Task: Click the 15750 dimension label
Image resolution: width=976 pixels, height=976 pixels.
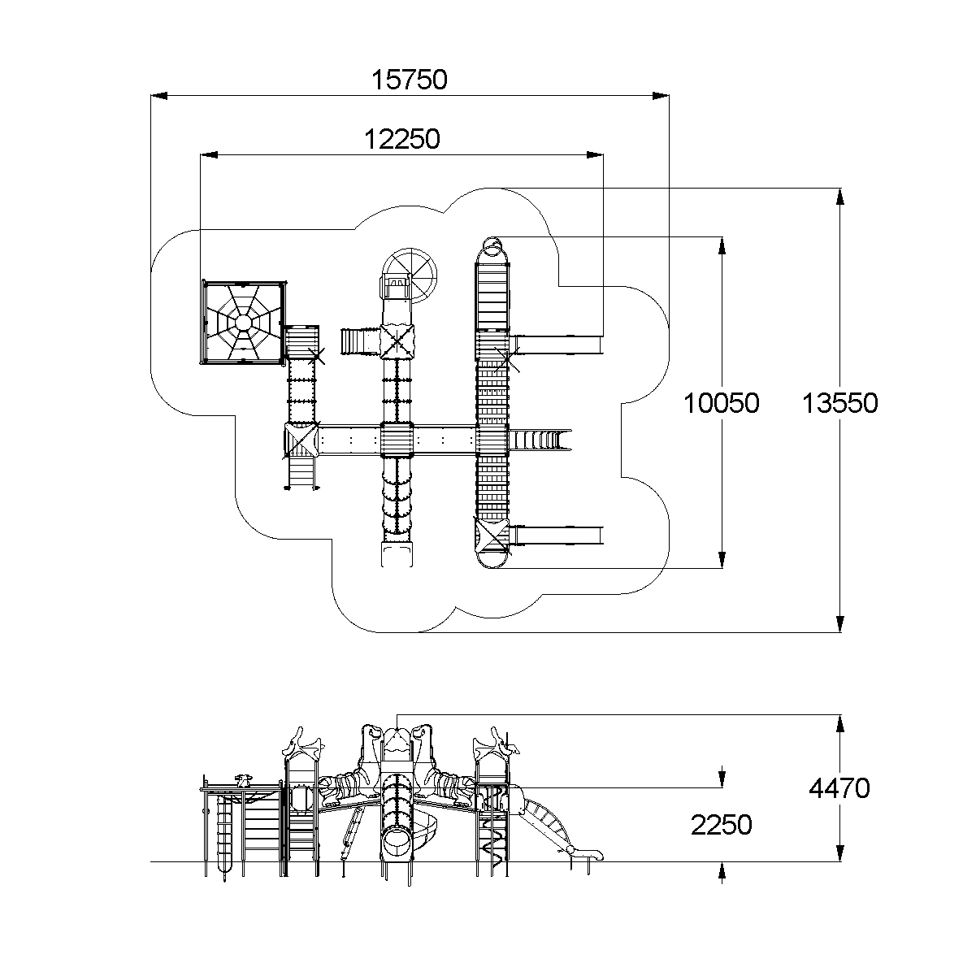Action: [410, 80]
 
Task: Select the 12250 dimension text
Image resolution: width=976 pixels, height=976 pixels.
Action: [402, 139]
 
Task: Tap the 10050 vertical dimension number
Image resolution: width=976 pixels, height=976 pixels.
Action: [722, 404]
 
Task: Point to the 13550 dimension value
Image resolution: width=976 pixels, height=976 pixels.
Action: [839, 404]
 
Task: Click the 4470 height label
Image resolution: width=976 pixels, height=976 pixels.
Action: [839, 788]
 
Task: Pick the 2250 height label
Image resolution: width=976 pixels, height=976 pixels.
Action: [722, 825]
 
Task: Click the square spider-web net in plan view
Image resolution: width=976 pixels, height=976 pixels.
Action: [244, 322]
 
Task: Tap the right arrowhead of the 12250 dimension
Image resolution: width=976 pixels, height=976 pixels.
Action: [595, 155]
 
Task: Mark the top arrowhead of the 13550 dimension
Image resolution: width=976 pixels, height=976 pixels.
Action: [840, 197]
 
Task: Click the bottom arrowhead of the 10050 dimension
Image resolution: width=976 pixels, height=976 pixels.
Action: [722, 560]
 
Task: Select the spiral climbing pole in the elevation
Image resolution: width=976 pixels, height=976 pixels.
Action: [492, 838]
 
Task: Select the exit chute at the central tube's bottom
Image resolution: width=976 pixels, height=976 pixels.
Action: [397, 554]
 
